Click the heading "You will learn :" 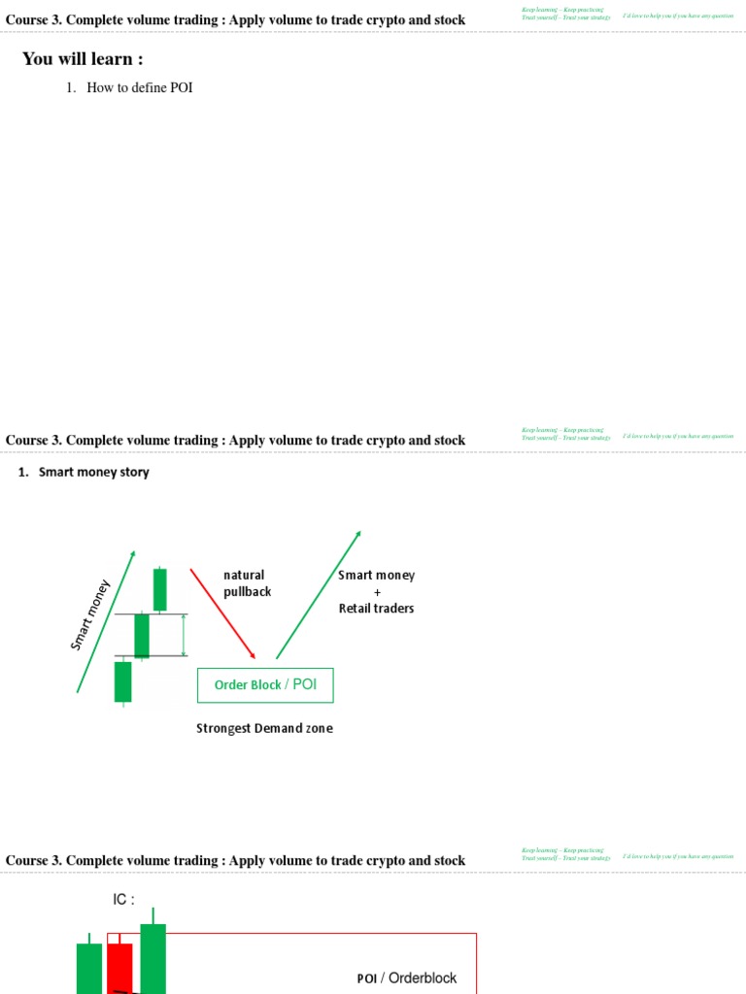(83, 59)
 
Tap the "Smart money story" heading (93, 473)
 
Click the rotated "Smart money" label (91, 614)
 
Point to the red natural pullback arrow (222, 613)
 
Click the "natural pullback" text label (247, 583)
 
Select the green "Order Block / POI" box (265, 685)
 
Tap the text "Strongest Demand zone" (264, 729)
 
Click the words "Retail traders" (376, 609)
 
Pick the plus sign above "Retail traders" (377, 592)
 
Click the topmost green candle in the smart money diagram (159, 589)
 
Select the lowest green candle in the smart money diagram (122, 681)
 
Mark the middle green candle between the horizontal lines (142, 636)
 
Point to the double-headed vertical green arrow (184, 635)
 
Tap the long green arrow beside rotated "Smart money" (106, 621)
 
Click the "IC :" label (123, 900)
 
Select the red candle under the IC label (119, 966)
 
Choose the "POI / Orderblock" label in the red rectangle (406, 978)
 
